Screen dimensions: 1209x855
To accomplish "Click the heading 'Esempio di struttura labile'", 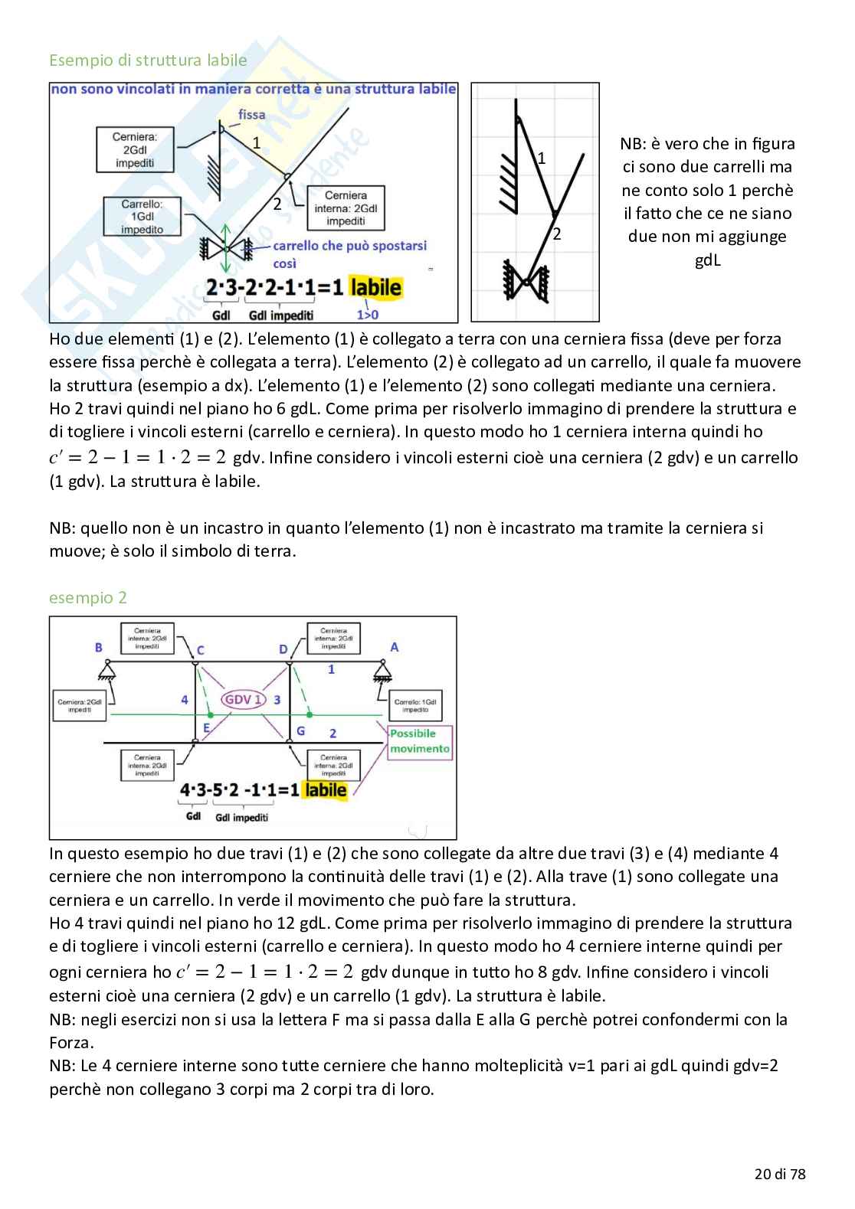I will click(148, 60).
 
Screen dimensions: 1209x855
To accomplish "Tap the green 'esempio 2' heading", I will click(88, 598).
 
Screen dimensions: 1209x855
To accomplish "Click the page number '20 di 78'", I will click(780, 1174).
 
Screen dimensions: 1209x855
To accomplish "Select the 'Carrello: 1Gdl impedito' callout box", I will click(142, 217).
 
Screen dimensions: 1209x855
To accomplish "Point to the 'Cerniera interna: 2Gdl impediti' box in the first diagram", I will click(346, 208).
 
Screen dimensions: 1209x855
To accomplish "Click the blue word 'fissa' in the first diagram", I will click(251, 115).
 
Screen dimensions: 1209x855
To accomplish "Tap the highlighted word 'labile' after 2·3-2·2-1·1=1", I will click(375, 288).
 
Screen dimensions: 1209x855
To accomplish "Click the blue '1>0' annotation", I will click(368, 315).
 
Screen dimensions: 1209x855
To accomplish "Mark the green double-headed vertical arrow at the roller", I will click(225, 248).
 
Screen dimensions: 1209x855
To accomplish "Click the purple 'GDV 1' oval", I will click(243, 699).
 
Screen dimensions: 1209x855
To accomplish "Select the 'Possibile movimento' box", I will click(420, 741).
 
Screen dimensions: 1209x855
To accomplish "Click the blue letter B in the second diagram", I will click(99, 648).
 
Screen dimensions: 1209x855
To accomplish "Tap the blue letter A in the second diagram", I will click(395, 647).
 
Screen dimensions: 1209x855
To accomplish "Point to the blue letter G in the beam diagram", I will click(301, 731).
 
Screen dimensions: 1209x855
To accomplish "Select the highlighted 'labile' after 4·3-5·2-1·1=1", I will click(325, 790).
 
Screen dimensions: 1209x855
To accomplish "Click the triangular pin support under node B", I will click(107, 672).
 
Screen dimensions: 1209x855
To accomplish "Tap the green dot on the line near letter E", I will click(211, 715).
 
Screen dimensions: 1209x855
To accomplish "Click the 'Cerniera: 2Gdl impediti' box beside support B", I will click(80, 705).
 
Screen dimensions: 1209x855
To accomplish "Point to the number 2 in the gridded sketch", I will click(557, 234).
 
